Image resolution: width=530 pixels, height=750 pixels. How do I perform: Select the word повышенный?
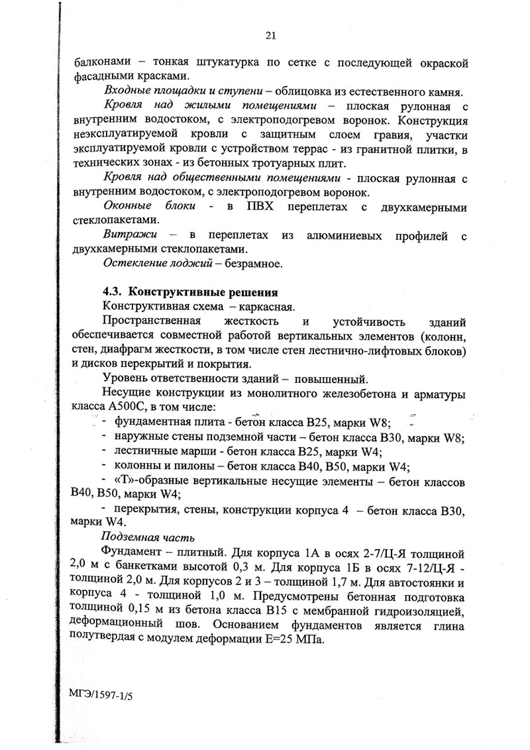pos(328,380)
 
